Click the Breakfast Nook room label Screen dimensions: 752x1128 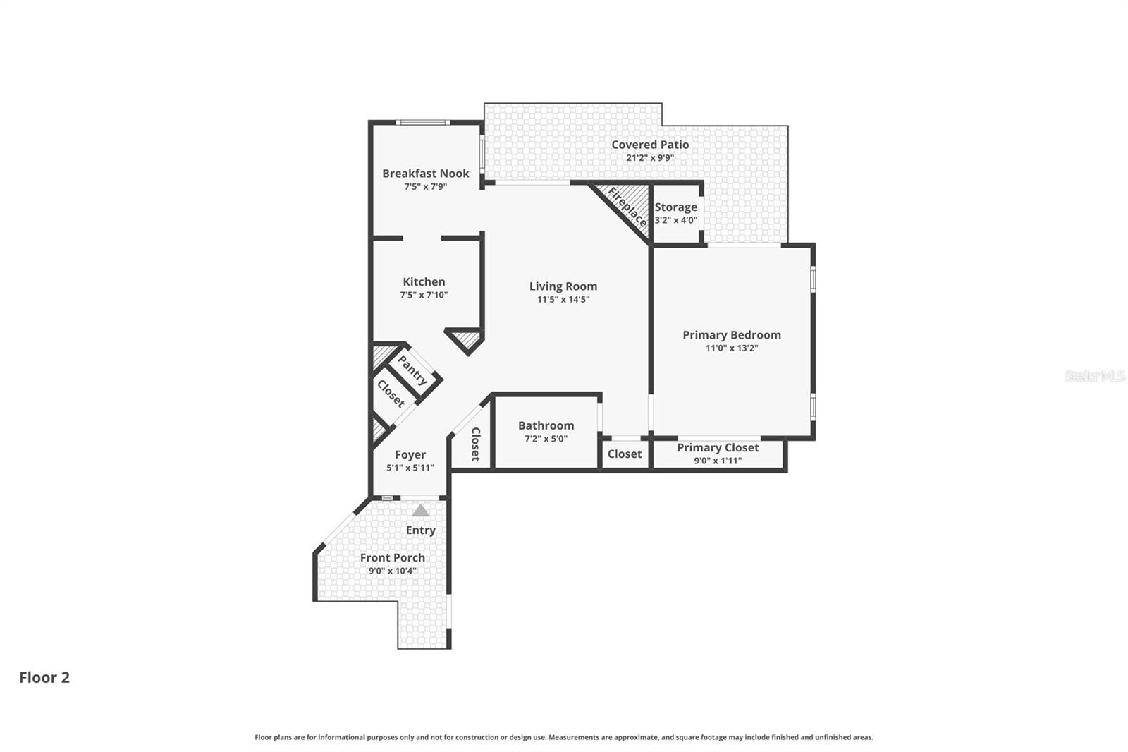425,174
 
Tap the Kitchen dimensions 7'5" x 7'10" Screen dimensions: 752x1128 424,296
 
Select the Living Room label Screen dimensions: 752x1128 563,286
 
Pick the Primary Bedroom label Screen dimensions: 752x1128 731,335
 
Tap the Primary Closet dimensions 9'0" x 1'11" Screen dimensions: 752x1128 718,461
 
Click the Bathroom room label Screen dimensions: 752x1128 546,425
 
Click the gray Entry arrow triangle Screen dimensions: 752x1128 420,510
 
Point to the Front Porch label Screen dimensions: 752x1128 392,557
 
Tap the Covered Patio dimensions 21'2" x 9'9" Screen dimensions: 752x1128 649,158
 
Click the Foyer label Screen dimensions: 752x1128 410,455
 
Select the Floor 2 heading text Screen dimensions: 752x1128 44,677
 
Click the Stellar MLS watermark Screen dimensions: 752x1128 1094,376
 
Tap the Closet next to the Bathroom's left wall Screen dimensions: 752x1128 474,444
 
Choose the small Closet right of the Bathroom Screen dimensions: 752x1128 624,454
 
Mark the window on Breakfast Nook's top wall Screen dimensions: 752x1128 422,123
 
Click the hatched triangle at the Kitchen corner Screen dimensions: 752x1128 465,341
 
